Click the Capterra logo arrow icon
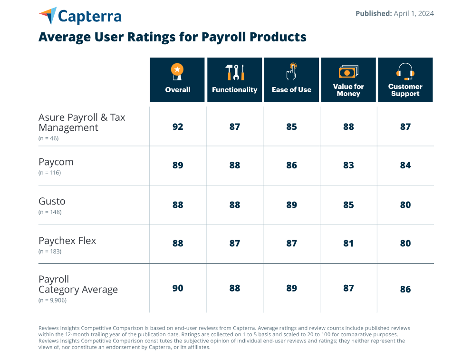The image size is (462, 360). (x=48, y=16)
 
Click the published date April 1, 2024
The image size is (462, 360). (x=414, y=13)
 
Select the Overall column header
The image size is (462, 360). (x=177, y=89)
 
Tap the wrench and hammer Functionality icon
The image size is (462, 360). (x=234, y=72)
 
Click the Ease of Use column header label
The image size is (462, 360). (x=291, y=89)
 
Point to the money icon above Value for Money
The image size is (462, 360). (x=348, y=72)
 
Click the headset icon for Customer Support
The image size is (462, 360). (x=405, y=71)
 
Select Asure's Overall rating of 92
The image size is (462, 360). (x=177, y=126)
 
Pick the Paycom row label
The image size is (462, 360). (x=56, y=162)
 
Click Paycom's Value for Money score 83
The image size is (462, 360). (x=348, y=165)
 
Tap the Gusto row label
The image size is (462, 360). (x=52, y=201)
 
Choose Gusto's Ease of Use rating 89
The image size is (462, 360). (x=291, y=204)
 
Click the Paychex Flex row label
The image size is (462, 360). (x=67, y=241)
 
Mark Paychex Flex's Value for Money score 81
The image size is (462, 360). (x=348, y=243)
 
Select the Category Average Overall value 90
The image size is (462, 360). (x=177, y=288)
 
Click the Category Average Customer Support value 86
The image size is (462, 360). (x=405, y=289)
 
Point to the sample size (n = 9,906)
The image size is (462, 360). (x=52, y=300)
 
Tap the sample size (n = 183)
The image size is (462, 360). (x=50, y=251)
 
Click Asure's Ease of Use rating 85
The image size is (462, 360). (x=291, y=126)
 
